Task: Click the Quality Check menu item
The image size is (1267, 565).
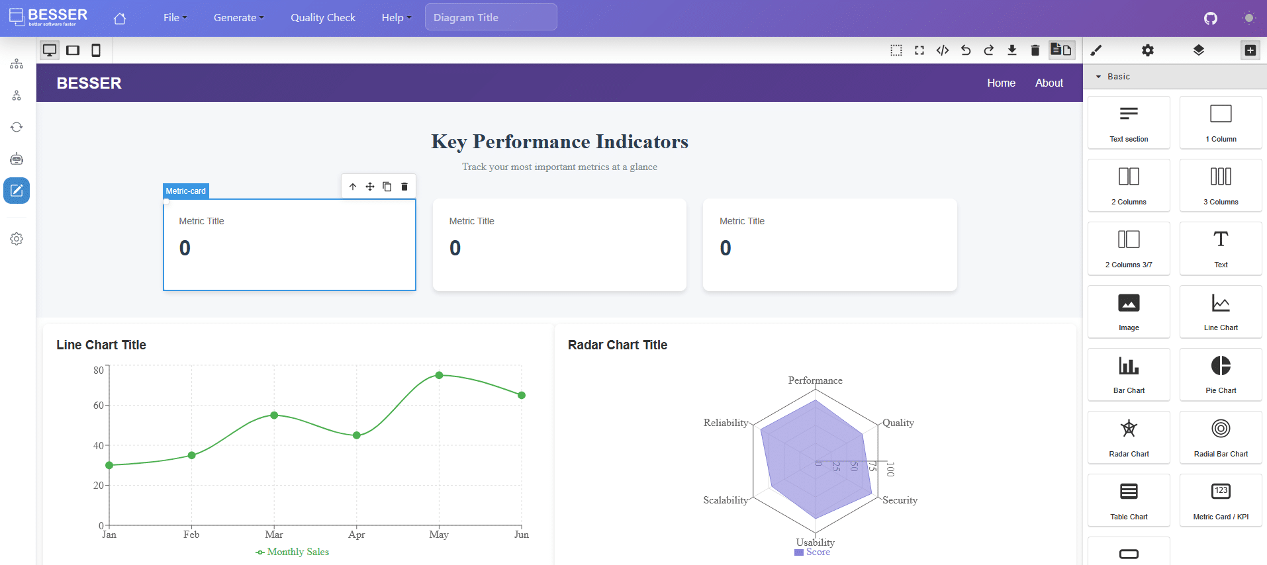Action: [x=322, y=18]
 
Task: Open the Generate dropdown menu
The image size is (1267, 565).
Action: [x=238, y=18]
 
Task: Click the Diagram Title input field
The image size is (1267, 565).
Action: [x=491, y=18]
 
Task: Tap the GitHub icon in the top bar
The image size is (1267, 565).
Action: [x=1210, y=19]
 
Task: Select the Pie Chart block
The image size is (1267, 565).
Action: [x=1220, y=374]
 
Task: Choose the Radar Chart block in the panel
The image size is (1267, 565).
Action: [x=1128, y=437]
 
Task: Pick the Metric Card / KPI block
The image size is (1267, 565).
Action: [x=1220, y=500]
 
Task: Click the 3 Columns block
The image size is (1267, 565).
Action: [x=1220, y=185]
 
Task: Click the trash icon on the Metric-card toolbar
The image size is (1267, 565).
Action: [x=404, y=187]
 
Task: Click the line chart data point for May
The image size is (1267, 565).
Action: [x=439, y=375]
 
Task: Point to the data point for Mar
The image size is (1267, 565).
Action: [x=274, y=415]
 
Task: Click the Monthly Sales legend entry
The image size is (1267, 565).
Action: [x=293, y=552]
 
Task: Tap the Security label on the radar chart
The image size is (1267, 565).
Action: [x=900, y=500]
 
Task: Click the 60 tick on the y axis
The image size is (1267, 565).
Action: [x=98, y=405]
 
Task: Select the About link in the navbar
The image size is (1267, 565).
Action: [x=1049, y=83]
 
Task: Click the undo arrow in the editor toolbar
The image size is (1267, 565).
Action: [x=965, y=50]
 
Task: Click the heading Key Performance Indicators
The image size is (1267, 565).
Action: [x=559, y=142]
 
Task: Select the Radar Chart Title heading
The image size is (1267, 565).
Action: [x=617, y=345]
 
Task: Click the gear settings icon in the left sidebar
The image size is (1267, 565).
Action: [x=17, y=239]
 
